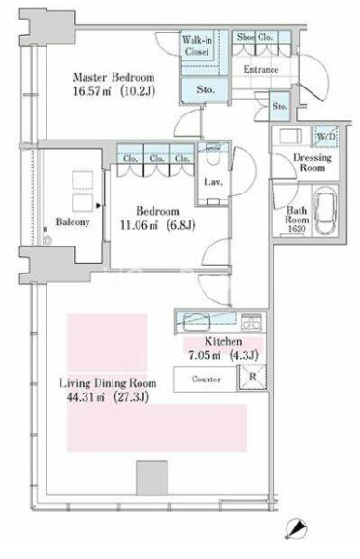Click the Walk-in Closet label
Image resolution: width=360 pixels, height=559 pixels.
(197, 46)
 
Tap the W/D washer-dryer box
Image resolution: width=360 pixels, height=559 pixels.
(327, 136)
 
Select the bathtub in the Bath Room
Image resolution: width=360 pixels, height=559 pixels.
(326, 210)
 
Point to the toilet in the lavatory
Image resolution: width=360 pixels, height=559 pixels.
(214, 153)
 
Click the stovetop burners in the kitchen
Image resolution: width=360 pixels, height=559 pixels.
(251, 322)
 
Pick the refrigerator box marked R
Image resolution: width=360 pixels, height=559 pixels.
(252, 378)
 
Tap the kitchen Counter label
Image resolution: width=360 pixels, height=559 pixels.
(206, 379)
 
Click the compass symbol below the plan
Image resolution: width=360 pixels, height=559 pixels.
(296, 529)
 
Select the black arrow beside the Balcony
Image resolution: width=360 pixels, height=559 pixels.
(99, 206)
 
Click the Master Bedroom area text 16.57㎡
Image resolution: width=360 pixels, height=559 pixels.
(91, 91)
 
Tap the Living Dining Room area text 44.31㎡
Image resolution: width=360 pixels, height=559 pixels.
(86, 397)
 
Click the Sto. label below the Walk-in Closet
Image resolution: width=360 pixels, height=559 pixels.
(206, 89)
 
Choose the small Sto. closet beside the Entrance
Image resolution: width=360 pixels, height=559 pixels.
(279, 106)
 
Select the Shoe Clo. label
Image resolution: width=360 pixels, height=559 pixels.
(255, 37)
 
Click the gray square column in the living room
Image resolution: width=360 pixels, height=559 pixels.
(152, 478)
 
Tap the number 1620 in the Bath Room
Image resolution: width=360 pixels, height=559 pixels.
(297, 229)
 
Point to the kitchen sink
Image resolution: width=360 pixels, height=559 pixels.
(196, 322)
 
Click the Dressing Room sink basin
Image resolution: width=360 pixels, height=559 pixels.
(290, 137)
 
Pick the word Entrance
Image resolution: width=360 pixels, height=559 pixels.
(260, 69)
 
